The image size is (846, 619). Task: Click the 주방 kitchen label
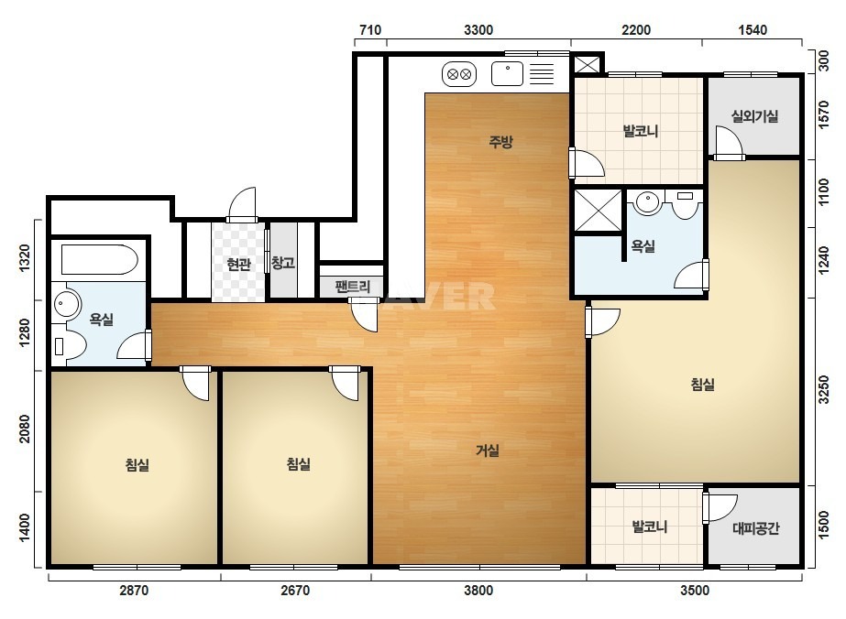pos(500,142)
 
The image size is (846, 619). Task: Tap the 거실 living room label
pos(488,451)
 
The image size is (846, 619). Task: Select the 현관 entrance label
pos(238,265)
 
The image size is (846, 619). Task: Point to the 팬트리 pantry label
pos(352,287)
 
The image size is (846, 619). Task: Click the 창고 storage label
pos(282,263)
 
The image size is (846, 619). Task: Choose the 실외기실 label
pos(754,116)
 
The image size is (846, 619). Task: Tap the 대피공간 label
pos(755,527)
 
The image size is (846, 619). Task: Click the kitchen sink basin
pos(507,74)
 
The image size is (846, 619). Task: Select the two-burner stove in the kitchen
pos(459,74)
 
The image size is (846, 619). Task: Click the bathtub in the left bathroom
pos(99,260)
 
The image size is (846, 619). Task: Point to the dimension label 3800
pos(478,591)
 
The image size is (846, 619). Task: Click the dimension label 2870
pos(134,591)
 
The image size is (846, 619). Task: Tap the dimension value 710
pos(370,29)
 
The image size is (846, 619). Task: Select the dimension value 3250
pos(823,389)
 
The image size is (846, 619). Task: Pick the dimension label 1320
pos(25,258)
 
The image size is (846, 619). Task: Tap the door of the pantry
pos(363,315)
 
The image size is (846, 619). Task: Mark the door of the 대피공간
pos(720,508)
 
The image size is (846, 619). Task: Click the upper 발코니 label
pos(641,131)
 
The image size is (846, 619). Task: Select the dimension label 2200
pos(636,29)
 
